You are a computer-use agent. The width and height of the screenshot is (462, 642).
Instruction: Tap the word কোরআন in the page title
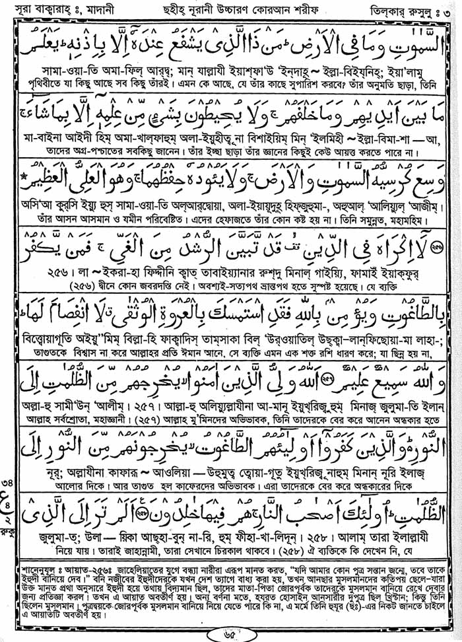[x=265, y=12]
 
